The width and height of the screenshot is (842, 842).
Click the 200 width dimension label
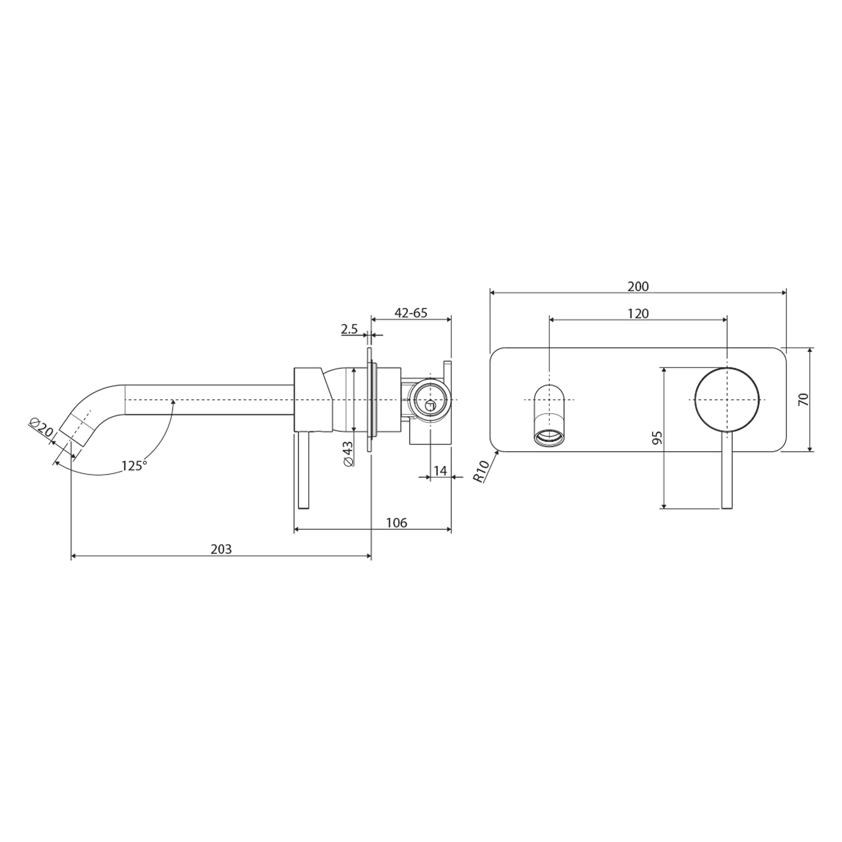click(638, 286)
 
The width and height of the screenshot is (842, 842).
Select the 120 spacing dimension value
click(638, 313)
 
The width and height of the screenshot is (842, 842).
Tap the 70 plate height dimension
click(804, 399)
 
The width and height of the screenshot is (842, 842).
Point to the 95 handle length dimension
click(657, 437)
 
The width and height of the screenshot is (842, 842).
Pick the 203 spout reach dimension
click(221, 549)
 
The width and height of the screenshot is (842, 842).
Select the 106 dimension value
click(396, 523)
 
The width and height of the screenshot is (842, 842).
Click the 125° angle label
click(134, 466)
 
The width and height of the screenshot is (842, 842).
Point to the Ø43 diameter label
click(347, 452)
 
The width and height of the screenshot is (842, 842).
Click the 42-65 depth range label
click(411, 313)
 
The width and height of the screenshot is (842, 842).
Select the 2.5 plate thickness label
click(349, 329)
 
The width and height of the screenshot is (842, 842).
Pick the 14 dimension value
click(440, 470)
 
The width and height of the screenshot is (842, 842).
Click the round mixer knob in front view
click(727, 399)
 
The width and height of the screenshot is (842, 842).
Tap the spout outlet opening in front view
click(549, 437)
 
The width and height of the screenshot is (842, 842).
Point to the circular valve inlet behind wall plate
click(429, 399)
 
